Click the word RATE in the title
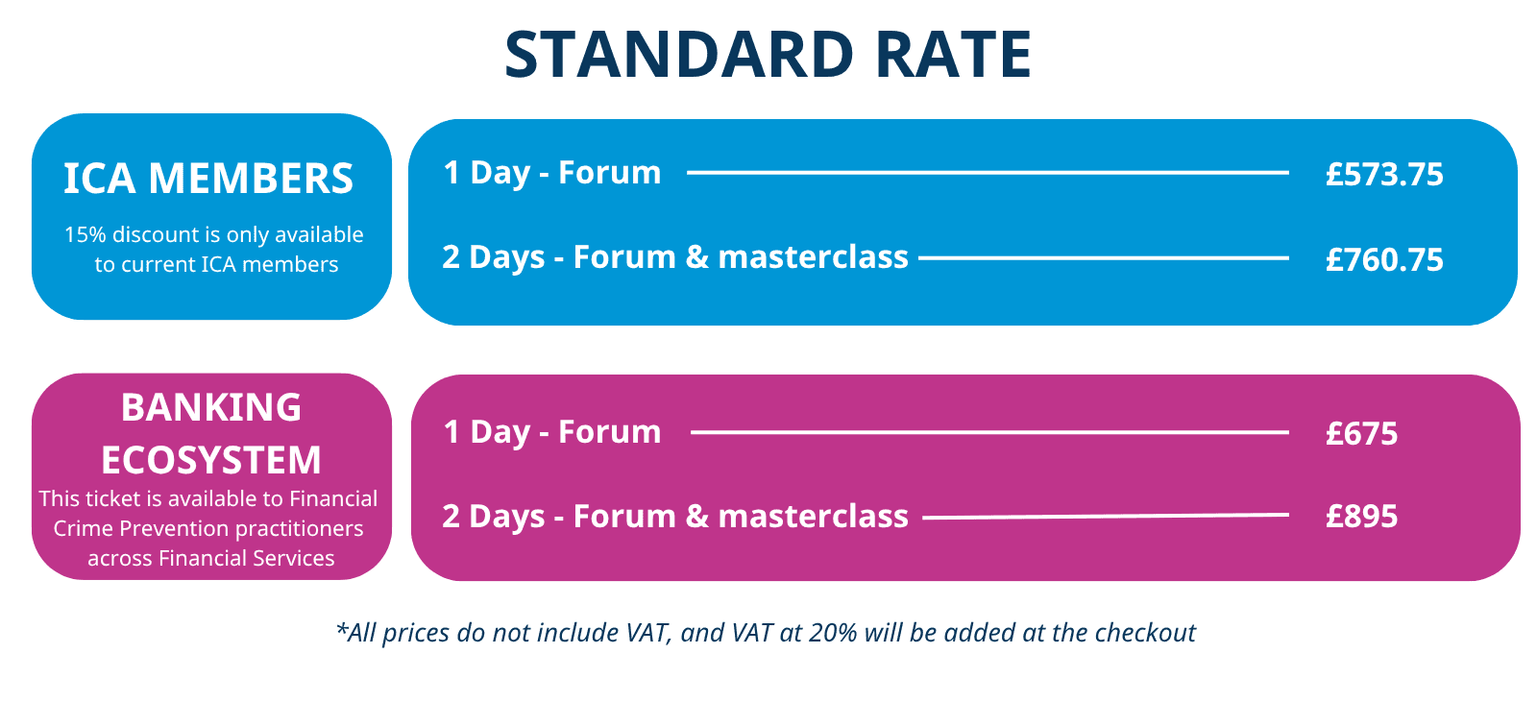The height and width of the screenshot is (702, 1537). click(x=954, y=54)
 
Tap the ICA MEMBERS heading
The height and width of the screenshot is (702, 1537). click(x=208, y=179)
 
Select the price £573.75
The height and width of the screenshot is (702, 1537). click(x=1384, y=174)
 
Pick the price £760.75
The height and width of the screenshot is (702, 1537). click(x=1384, y=259)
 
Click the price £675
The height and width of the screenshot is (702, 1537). click(x=1362, y=434)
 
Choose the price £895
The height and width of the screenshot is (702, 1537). click(x=1362, y=516)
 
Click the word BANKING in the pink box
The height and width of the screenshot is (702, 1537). click(x=211, y=407)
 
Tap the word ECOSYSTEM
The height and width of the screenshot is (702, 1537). click(x=211, y=460)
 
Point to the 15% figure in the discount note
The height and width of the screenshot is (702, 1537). click(x=85, y=234)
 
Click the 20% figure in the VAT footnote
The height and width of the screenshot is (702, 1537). click(x=833, y=633)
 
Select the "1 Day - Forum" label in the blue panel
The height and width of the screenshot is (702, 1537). click(x=552, y=172)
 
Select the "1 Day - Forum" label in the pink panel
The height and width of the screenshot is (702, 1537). click(x=552, y=431)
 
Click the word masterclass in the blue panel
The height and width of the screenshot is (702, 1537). click(x=813, y=256)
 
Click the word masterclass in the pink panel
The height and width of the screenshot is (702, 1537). click(x=813, y=516)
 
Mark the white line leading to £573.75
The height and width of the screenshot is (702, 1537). click(x=988, y=173)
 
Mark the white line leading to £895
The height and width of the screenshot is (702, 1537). click(x=1106, y=516)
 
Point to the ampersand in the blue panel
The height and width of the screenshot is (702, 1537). click(x=697, y=256)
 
